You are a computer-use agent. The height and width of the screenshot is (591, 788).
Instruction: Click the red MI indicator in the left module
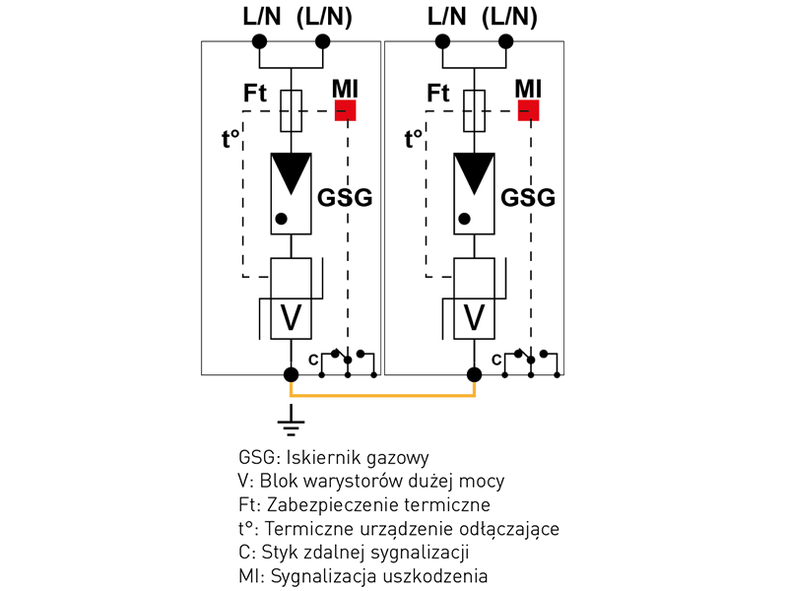(x=345, y=109)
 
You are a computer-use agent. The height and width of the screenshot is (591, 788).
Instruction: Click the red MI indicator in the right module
(x=529, y=109)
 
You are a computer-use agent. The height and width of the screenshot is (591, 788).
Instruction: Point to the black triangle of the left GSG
(x=291, y=171)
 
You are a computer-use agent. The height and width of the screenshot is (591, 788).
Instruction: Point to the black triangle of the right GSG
(x=474, y=171)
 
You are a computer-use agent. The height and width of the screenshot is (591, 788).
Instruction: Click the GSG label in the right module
(x=528, y=198)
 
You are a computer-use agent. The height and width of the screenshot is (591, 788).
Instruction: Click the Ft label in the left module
(x=255, y=94)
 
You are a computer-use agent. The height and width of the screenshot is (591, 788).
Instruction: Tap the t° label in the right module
(x=415, y=139)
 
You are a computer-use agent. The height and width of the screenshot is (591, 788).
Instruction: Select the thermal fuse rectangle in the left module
(x=291, y=110)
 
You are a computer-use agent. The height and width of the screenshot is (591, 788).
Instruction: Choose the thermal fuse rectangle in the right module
(x=474, y=110)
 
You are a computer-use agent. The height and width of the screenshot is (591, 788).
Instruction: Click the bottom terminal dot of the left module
(x=291, y=374)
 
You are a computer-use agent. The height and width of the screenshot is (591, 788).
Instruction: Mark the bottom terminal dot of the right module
(x=474, y=374)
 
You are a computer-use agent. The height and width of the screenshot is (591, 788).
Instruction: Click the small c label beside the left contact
(x=313, y=361)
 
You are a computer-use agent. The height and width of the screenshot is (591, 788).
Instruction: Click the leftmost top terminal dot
(x=259, y=41)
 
